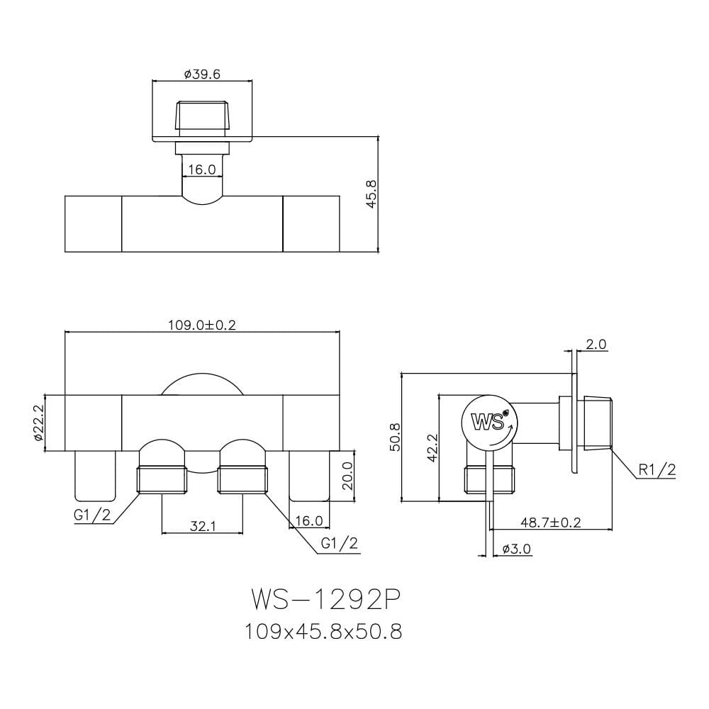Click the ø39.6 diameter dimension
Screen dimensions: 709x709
click(x=202, y=74)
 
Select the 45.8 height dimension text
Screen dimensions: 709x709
click(x=372, y=194)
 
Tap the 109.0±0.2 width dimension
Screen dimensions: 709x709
click(x=202, y=325)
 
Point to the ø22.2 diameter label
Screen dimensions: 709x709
click(x=38, y=423)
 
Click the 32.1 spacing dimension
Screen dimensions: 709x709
click(x=203, y=526)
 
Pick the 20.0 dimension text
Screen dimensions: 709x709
click(x=347, y=476)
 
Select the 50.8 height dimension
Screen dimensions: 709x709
click(x=395, y=437)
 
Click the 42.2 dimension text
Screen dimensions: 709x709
click(x=432, y=447)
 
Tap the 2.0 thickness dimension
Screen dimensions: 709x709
click(x=596, y=344)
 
